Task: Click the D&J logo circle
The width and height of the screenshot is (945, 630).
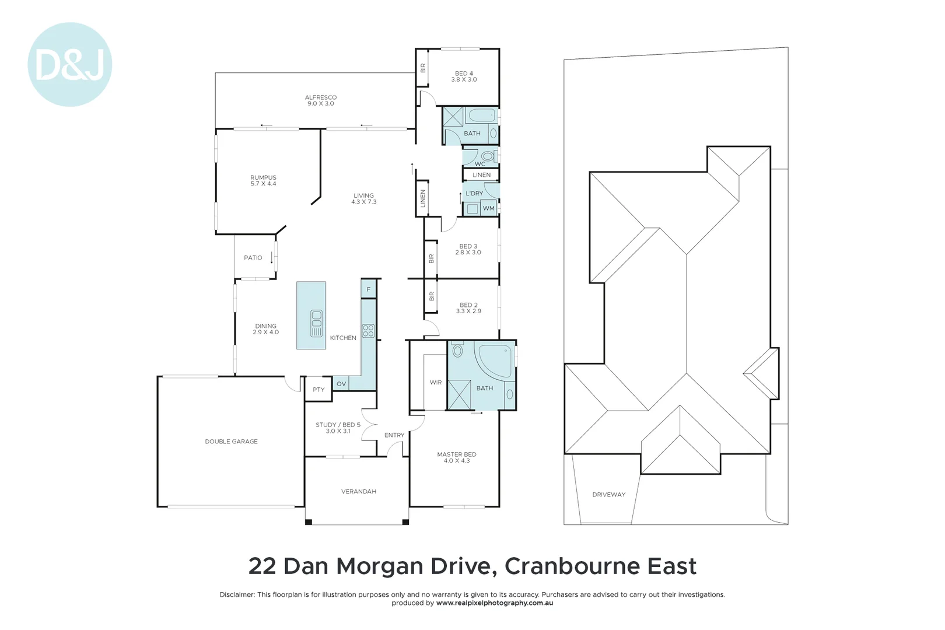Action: pos(70,65)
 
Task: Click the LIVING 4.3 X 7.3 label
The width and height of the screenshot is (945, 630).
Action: pos(363,199)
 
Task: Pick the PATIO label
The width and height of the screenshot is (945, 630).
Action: pos(253,258)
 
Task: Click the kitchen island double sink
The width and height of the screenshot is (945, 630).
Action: pos(316,323)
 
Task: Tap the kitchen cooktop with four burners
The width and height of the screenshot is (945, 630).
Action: pos(368,331)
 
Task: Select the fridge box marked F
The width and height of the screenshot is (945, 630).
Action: pos(369,289)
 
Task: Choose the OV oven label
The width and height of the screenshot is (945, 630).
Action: pos(341,384)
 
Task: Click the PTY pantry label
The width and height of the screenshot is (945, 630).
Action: pos(318,390)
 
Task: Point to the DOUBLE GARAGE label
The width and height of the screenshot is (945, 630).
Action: pos(231,442)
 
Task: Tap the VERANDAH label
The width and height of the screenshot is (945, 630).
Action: pos(358,492)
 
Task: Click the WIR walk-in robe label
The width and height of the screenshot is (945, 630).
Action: pos(436,383)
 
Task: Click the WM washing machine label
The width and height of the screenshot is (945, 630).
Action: pos(489,208)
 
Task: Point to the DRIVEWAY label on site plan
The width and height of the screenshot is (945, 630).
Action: pos(608,495)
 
